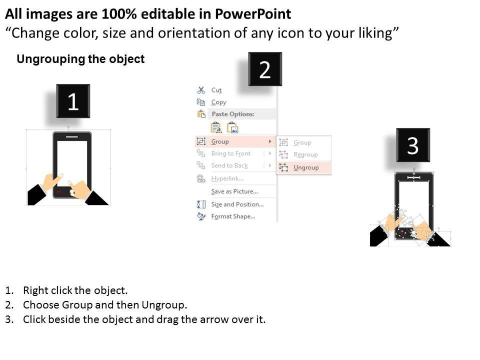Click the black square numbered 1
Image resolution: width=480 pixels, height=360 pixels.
coord(73,101)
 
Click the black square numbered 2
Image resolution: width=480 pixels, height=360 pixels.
coord(265,69)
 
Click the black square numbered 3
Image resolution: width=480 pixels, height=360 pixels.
coord(413,145)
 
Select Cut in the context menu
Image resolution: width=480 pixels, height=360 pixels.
coord(216,90)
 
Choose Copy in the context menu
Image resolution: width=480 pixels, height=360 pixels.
coord(218,102)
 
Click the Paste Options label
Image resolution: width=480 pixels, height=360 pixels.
coord(233,114)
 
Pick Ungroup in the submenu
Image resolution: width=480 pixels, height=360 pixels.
coord(306,167)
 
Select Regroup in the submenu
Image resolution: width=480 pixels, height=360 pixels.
coord(305,154)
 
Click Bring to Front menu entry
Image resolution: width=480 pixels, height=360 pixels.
coord(231,153)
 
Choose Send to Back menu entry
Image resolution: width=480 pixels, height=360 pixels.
coord(229,165)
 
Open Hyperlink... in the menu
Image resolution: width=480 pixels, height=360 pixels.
coord(227,178)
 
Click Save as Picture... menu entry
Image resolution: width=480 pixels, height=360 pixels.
coord(234,191)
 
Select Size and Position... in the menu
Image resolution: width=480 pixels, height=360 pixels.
coord(237,204)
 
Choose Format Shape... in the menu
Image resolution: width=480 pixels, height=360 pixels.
coord(233,216)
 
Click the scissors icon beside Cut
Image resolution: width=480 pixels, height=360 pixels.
coord(201,90)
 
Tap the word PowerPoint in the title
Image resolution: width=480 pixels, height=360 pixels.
coord(253,14)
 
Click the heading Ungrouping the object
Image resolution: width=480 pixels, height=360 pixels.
coord(80,59)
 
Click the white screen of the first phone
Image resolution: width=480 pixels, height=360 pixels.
coord(72,159)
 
